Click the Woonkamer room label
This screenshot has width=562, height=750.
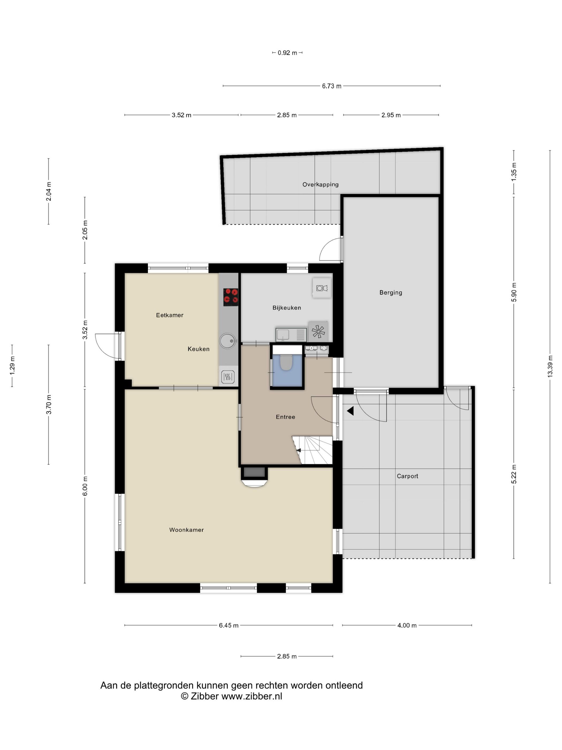(186, 530)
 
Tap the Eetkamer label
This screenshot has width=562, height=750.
(169, 315)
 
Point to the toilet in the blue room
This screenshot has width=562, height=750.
(286, 362)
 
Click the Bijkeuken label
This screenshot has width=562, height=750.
(287, 307)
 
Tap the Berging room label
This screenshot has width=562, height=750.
(390, 292)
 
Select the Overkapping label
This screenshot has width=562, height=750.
(320, 185)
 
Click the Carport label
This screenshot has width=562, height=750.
(407, 476)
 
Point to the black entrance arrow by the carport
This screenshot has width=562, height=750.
(351, 411)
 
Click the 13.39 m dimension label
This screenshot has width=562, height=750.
(550, 366)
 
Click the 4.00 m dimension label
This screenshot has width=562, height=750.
(407, 625)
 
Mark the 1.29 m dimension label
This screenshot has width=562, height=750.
(12, 366)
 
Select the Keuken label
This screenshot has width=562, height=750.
(199, 349)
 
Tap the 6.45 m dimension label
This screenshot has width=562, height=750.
(228, 625)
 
